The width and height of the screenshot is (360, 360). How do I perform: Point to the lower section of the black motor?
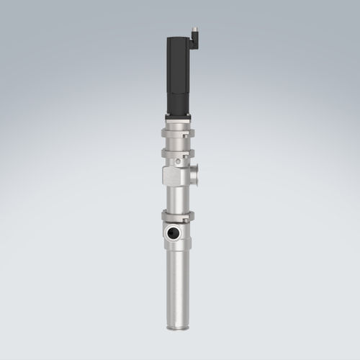pyautogui.click(x=178, y=97)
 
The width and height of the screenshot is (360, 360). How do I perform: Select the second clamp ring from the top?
pyautogui.click(x=177, y=153)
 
